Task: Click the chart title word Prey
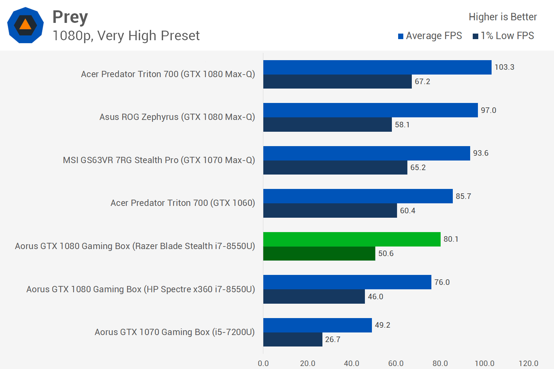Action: point(70,17)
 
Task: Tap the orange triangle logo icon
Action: point(25,25)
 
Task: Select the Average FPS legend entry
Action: point(430,36)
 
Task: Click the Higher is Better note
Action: point(502,17)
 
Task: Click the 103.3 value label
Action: point(504,67)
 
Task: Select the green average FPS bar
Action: point(352,239)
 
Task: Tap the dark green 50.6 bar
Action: point(319,254)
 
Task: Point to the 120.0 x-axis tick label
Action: point(528,363)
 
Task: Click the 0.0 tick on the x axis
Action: point(263,363)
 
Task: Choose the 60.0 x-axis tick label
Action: point(396,363)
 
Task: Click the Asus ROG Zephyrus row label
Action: point(177,117)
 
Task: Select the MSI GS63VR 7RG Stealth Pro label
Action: point(159,160)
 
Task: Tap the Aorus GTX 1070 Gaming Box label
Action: point(174,332)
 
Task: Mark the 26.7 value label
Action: point(332,339)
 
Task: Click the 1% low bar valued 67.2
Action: point(337,82)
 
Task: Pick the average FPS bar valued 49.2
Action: point(317,325)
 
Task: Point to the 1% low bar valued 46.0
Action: point(314,297)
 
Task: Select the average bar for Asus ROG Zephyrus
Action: point(370,110)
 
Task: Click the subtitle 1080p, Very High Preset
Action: point(126,36)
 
